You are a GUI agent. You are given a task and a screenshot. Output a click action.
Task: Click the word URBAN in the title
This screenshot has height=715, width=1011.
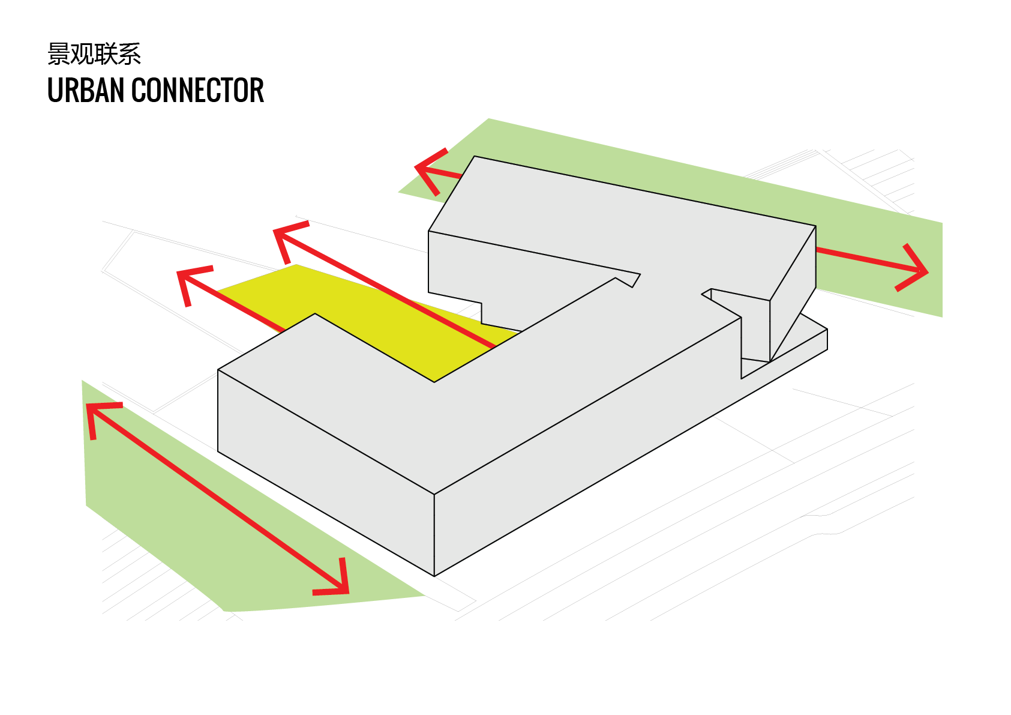(85, 90)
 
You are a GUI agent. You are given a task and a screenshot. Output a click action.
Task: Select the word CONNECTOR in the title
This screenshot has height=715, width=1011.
(197, 90)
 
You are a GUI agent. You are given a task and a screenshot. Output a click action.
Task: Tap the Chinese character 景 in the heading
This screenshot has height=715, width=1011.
(59, 54)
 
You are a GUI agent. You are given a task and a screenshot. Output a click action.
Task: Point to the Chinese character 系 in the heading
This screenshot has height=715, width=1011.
(130, 54)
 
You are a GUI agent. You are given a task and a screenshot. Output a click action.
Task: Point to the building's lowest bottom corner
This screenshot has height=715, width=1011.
(434, 576)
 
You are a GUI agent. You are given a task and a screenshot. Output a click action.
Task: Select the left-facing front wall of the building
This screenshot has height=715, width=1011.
(326, 472)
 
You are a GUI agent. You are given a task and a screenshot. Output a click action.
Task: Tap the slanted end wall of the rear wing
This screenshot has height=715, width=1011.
(793, 294)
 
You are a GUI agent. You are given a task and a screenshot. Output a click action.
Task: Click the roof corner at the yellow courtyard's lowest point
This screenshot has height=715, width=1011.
(434, 382)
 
